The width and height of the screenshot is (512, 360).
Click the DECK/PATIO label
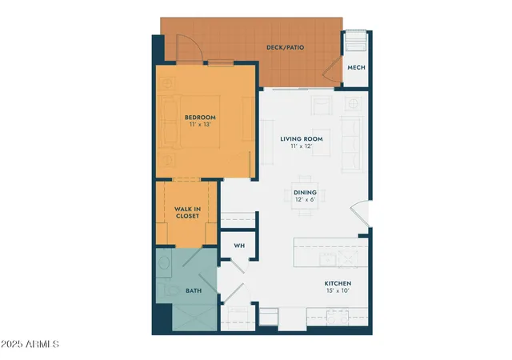(x=284, y=47)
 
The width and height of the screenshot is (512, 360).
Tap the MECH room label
(x=356, y=67)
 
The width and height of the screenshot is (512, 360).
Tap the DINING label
(x=305, y=192)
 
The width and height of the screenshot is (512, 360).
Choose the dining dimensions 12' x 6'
(x=305, y=200)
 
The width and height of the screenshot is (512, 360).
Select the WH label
(x=238, y=246)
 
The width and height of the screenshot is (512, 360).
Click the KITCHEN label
(x=338, y=284)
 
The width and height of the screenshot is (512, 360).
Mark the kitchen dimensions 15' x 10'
(x=338, y=292)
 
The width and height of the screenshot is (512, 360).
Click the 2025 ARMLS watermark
(x=31, y=345)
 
